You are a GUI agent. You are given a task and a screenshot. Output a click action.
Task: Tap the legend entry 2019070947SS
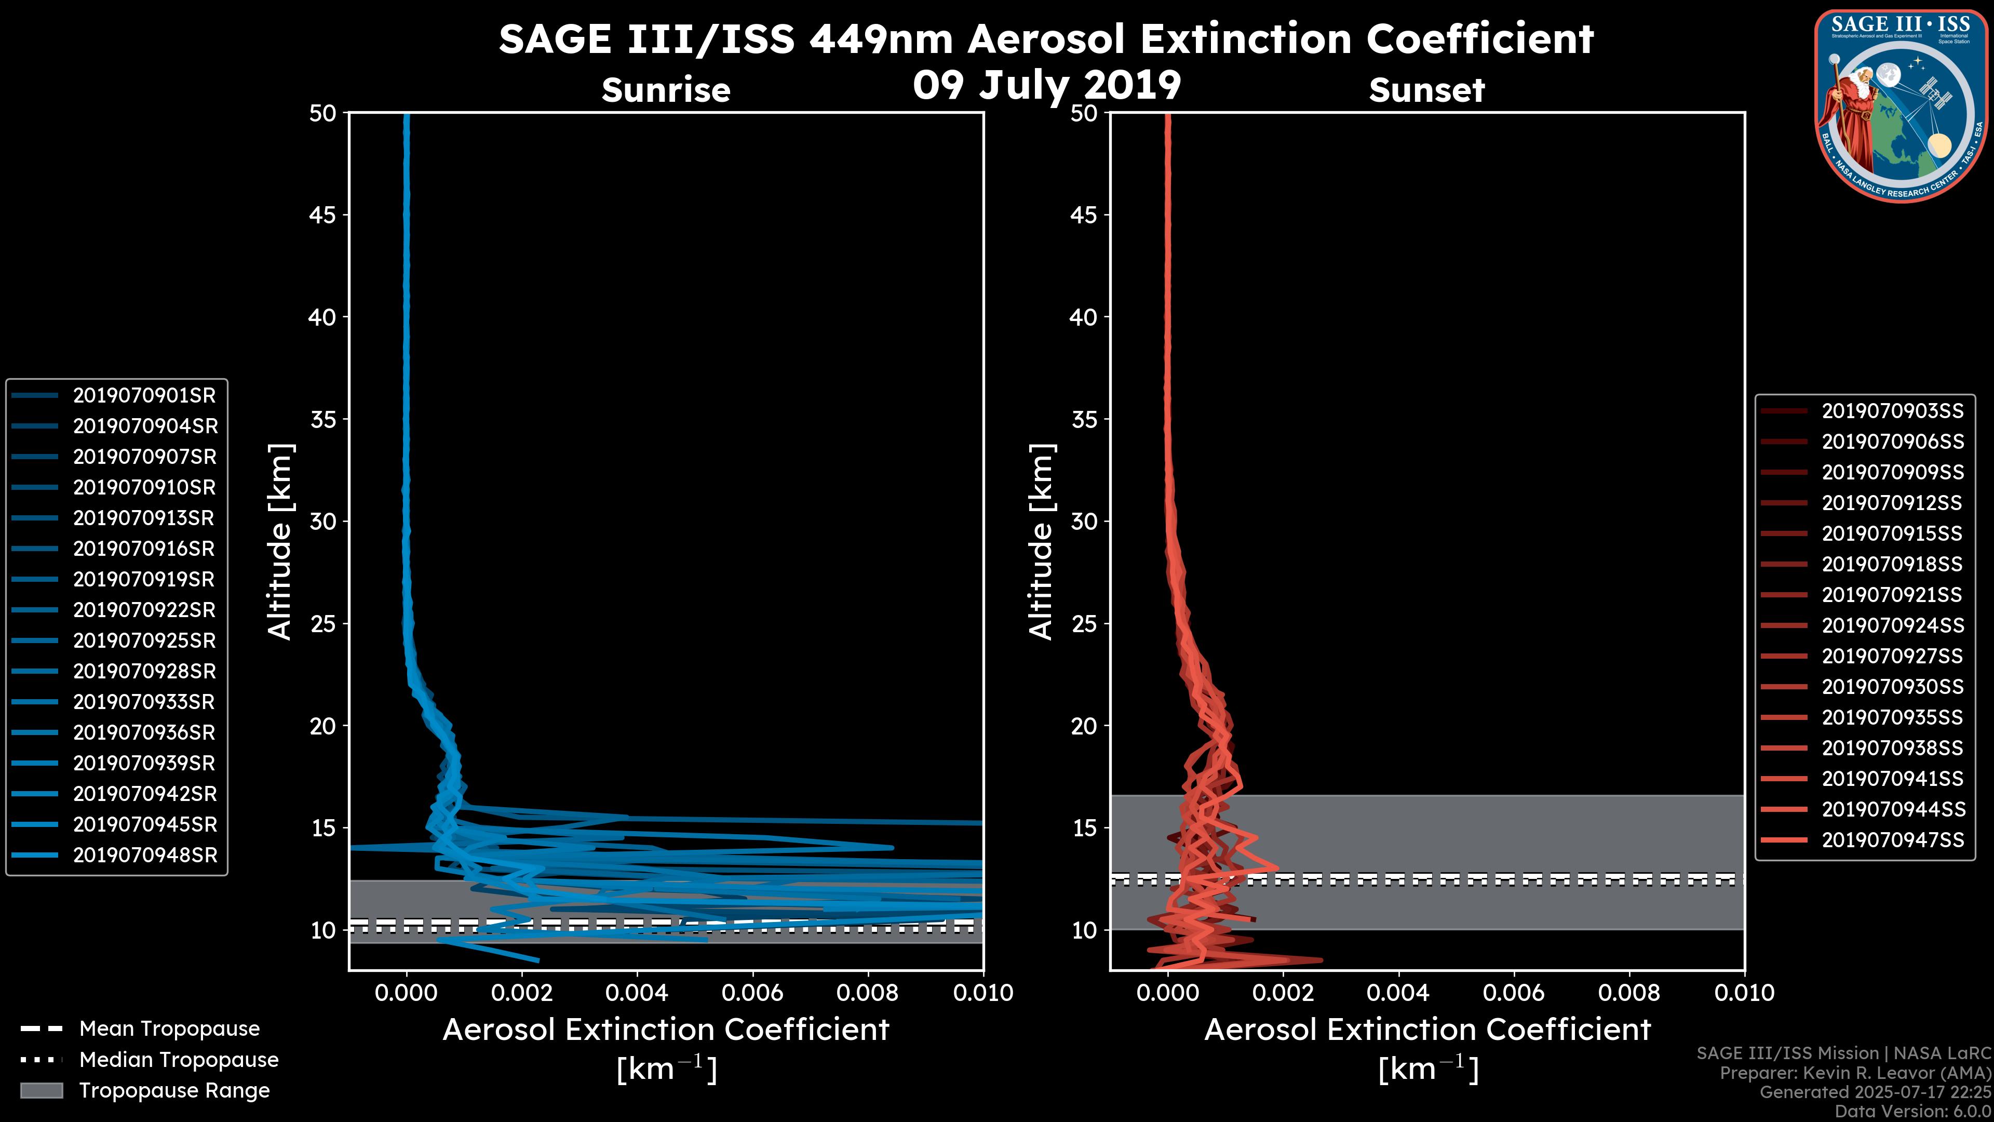[x=1893, y=840]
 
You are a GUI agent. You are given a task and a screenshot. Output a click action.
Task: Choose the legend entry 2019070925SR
[x=144, y=641]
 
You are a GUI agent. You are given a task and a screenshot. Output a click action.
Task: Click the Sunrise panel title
[x=666, y=90]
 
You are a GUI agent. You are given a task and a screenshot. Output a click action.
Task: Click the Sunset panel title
[x=1426, y=90]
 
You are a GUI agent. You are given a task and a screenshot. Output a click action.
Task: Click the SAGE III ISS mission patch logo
[x=1901, y=106]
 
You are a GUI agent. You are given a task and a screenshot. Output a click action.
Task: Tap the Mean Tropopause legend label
[x=169, y=1029]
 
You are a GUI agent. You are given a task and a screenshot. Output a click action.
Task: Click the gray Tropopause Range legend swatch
[x=42, y=1091]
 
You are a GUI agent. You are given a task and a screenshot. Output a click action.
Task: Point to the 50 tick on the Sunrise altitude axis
[x=323, y=114]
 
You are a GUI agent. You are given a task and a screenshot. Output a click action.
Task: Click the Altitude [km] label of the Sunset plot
[x=1041, y=541]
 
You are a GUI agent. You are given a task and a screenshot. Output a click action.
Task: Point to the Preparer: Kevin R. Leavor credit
[x=1855, y=1073]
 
